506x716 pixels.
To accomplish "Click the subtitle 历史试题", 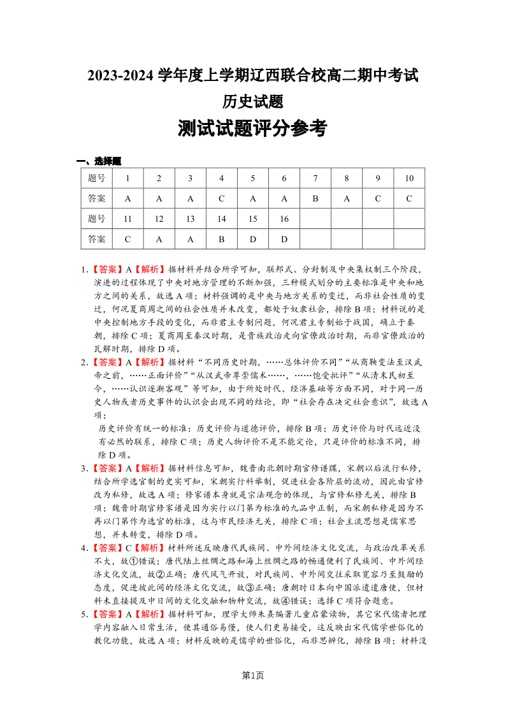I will tap(252, 101).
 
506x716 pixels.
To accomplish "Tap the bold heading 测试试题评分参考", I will tap(252, 129).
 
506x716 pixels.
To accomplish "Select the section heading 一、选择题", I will tap(99, 161).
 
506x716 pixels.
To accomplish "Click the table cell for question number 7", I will tap(315, 178).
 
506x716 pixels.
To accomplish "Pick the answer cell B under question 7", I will tap(315, 198).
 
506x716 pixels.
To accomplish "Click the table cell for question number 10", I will tap(408, 178).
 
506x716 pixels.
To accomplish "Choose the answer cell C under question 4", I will tap(221, 198).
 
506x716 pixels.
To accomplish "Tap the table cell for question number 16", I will tap(284, 219).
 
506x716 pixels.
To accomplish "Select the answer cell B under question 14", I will tap(221, 239).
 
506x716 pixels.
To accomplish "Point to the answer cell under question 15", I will tap(252, 239).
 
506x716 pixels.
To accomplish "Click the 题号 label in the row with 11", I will tap(97, 219).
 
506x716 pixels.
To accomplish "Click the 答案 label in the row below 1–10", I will tap(97, 198).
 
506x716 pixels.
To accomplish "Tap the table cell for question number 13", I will tap(190, 219).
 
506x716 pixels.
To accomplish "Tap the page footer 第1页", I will tap(253, 675).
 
